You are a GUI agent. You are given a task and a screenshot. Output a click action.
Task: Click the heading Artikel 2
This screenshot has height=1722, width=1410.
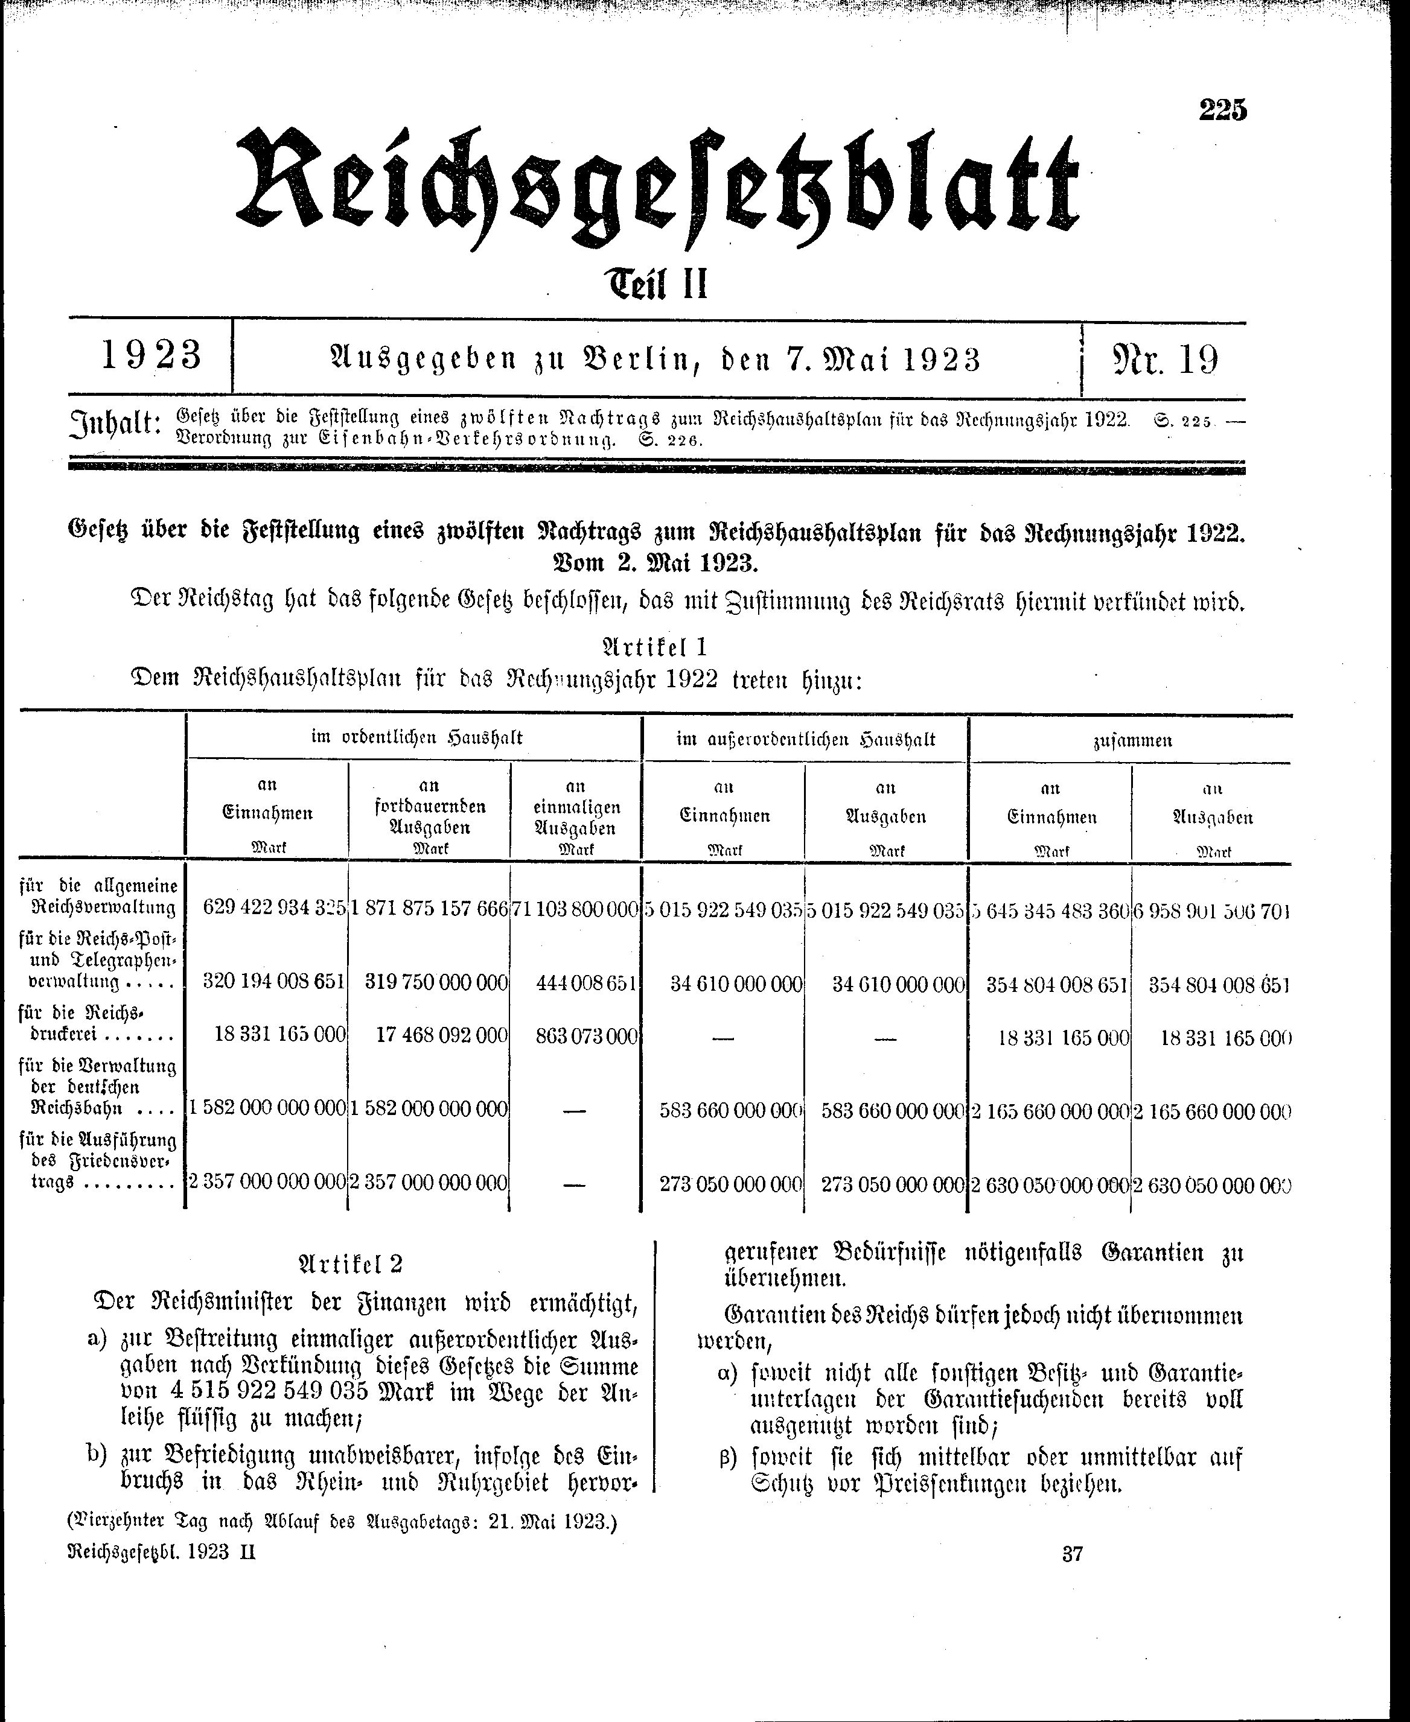pos(351,1264)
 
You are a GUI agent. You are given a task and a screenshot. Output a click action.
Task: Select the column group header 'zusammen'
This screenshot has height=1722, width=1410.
pos(1131,740)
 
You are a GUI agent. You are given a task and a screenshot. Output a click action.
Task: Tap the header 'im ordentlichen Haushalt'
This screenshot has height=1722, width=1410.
pos(416,738)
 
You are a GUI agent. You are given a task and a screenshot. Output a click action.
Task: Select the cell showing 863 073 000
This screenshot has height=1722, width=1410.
pos(587,1037)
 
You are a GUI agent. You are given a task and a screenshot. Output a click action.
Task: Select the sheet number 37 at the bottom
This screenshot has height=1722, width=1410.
pos(1072,1554)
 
